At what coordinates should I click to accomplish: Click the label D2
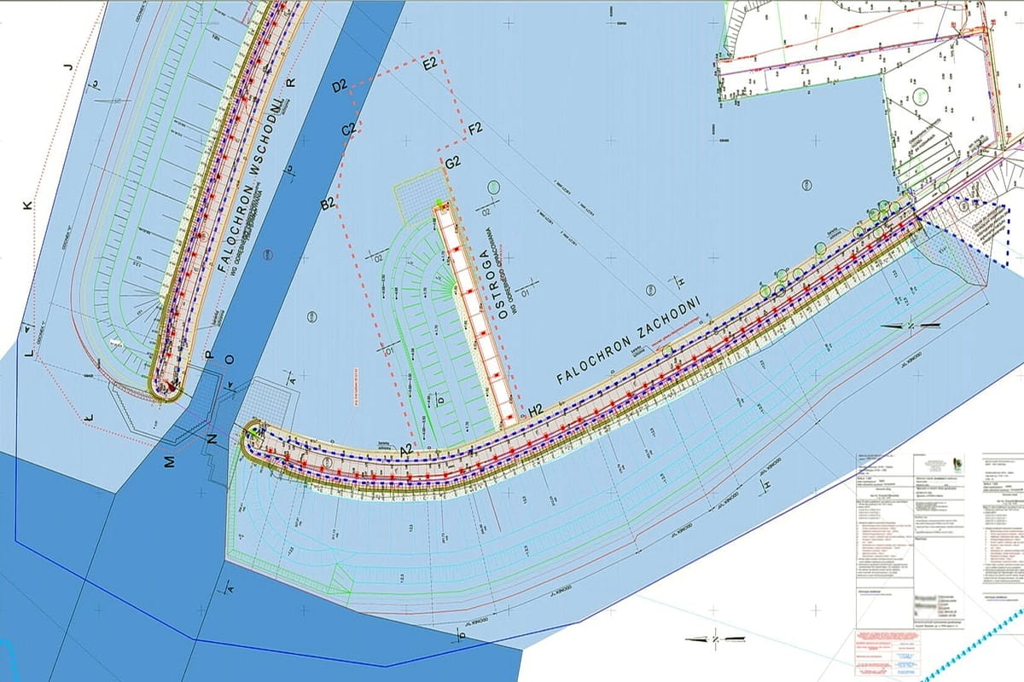[339, 86]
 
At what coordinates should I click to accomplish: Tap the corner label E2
[430, 63]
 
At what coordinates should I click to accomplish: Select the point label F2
[475, 129]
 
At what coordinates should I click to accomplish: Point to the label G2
[452, 162]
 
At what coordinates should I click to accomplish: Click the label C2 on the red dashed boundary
[349, 130]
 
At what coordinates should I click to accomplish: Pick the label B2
[328, 203]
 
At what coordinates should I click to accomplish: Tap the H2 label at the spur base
[536, 410]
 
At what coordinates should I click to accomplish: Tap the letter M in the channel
[170, 461]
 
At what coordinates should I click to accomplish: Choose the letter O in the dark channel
[229, 360]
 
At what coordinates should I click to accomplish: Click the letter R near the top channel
[290, 83]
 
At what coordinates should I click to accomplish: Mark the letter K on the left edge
[27, 205]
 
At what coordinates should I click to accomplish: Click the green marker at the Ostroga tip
[439, 202]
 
